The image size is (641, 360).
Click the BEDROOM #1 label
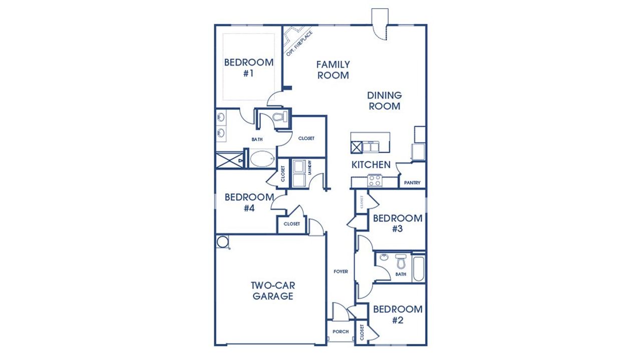(x=248, y=68)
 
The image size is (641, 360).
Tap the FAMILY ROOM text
(x=333, y=70)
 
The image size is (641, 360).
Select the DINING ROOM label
(x=384, y=101)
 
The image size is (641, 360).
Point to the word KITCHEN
(x=371, y=165)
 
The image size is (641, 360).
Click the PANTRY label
(x=412, y=183)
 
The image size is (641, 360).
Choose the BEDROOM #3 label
(x=398, y=223)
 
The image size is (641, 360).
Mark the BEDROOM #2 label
(x=398, y=314)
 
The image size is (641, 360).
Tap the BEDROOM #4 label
(x=249, y=202)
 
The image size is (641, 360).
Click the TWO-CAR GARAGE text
(x=272, y=291)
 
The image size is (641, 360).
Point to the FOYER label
(x=341, y=272)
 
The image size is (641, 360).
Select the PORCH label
(x=341, y=331)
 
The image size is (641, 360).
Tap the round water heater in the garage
(x=222, y=242)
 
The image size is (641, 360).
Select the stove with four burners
(x=375, y=180)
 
